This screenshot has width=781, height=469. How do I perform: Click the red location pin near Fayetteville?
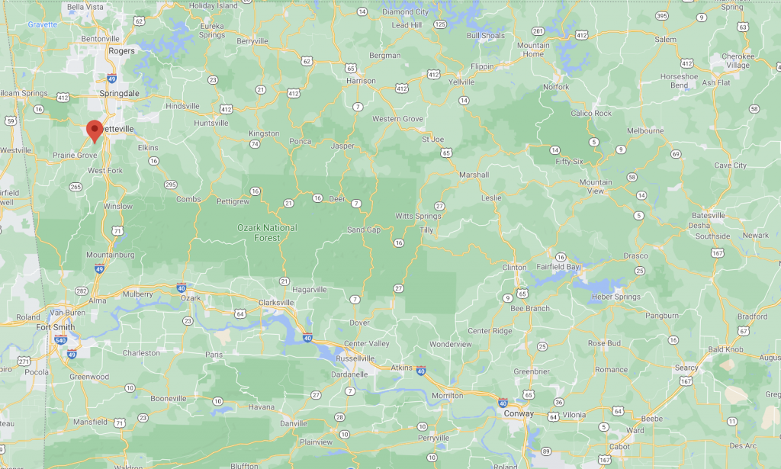pos(94,130)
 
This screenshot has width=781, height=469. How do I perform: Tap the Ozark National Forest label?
pos(267,233)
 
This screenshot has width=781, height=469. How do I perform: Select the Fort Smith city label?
pos(56,327)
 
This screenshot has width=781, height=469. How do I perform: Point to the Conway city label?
pos(519,413)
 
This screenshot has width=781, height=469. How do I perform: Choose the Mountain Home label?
pos(533,50)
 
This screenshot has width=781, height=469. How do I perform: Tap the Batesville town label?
pos(709,216)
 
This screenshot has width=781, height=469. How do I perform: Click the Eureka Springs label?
pos(211,30)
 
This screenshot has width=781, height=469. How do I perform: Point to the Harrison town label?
pos(361,81)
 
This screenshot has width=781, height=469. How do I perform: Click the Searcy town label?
pos(686,368)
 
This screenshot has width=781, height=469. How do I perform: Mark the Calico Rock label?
pos(591,114)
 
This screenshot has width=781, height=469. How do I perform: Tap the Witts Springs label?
pos(418,217)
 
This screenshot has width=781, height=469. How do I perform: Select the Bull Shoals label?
pos(486,35)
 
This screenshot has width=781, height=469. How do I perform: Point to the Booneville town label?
pos(169,399)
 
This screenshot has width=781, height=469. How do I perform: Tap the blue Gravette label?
pos(43,24)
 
